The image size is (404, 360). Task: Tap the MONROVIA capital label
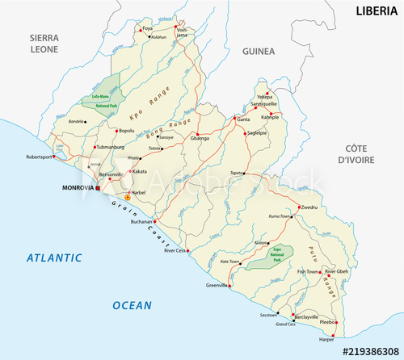tap(78, 189)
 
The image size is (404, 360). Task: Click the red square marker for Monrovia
tap(98, 188)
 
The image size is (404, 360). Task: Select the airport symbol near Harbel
tap(127, 197)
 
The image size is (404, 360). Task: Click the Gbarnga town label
tap(200, 139)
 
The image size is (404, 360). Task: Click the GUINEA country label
tap(259, 51)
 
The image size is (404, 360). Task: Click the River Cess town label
tap(176, 250)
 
